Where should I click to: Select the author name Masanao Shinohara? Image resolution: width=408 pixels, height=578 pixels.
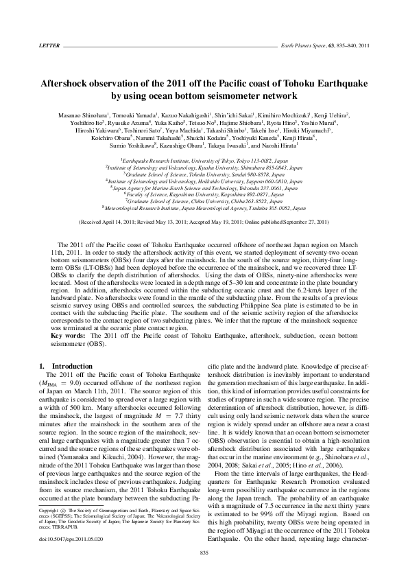point(80,117)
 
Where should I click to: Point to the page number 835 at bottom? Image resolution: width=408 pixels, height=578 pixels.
point(204,553)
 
